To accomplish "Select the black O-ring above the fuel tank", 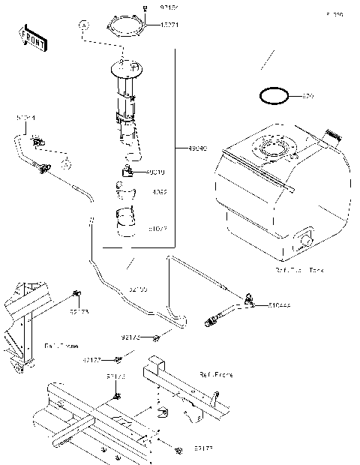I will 274,96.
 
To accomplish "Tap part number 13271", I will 168,25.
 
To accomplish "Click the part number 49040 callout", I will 187,148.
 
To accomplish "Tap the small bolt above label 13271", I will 142,7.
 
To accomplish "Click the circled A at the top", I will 83,25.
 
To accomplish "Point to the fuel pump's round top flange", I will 127,70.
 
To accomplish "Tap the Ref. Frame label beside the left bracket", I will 60,346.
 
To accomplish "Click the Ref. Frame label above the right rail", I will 215,373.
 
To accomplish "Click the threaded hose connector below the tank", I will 212,323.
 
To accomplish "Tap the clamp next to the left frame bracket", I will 76,293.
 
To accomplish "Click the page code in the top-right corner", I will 334,14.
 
